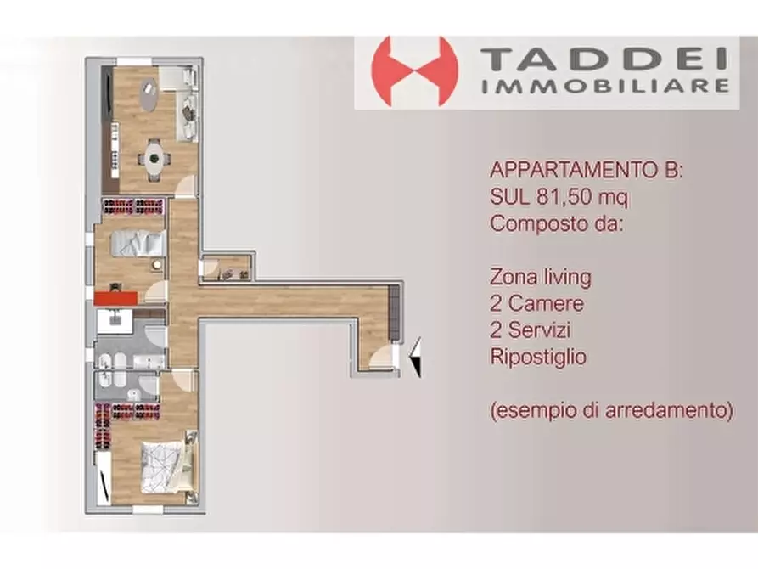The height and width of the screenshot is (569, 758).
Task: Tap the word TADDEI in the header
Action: (605, 60)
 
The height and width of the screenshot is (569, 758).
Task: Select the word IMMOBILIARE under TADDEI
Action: (605, 86)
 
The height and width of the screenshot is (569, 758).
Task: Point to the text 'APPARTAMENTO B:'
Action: (587, 171)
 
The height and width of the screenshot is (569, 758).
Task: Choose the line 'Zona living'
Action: (541, 277)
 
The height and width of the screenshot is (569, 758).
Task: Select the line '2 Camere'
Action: (536, 303)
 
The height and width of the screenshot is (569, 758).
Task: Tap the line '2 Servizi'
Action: (536, 330)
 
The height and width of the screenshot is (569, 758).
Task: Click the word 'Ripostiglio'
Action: (538, 357)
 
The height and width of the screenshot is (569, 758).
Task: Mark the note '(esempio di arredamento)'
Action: (611, 410)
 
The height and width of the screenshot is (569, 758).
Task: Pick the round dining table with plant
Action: (154, 156)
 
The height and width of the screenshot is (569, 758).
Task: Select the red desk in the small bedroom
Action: (115, 297)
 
